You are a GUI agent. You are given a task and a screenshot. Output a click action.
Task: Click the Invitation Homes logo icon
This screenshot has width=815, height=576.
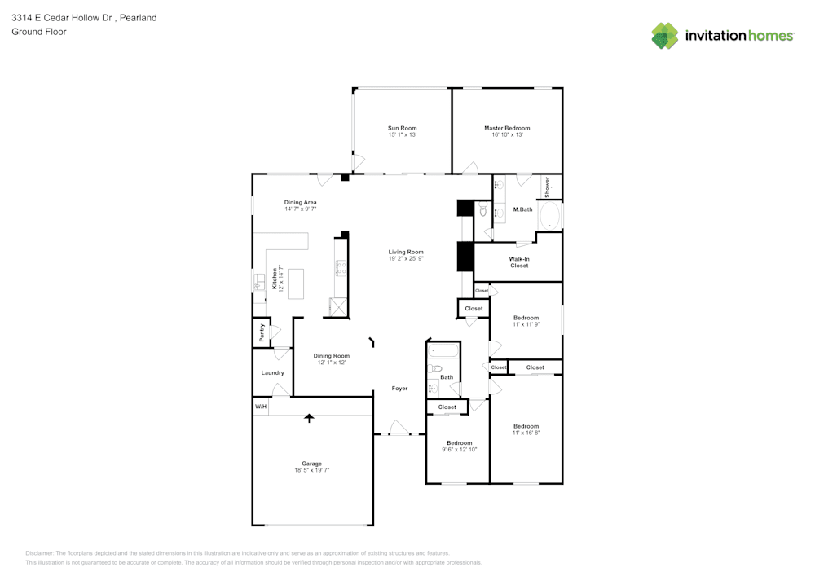(665, 36)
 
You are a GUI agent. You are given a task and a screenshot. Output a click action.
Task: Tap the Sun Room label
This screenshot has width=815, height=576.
(402, 128)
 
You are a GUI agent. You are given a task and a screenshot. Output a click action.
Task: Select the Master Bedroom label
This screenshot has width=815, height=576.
(507, 128)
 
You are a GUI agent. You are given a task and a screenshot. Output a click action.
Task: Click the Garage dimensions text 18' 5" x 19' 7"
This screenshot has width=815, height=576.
(311, 470)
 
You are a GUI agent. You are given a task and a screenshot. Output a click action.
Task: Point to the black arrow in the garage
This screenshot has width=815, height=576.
(309, 418)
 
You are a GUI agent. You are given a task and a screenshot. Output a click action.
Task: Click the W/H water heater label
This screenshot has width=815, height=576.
(260, 406)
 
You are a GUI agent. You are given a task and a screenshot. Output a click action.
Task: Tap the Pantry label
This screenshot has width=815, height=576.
(262, 332)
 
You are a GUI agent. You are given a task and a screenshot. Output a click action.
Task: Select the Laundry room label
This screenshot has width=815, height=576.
(272, 373)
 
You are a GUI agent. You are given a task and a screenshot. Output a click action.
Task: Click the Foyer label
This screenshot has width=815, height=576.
(399, 389)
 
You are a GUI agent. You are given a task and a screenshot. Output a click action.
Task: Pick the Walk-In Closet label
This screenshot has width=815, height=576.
(519, 262)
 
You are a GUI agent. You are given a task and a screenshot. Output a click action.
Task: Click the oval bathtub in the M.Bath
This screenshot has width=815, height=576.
(550, 217)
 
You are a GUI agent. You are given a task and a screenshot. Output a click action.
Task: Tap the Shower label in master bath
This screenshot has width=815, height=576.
(548, 187)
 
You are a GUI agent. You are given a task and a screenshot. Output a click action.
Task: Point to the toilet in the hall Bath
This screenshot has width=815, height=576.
(435, 368)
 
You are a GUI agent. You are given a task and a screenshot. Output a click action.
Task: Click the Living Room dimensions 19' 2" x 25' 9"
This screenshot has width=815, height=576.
(406, 259)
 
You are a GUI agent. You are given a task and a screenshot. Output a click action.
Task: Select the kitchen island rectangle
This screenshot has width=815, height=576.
(295, 284)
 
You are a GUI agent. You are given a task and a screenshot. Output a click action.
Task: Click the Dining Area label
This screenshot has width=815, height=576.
(300, 202)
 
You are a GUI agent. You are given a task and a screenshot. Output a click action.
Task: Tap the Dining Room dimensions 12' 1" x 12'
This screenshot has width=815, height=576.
(332, 363)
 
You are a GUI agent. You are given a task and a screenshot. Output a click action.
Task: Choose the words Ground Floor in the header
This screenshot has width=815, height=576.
(39, 32)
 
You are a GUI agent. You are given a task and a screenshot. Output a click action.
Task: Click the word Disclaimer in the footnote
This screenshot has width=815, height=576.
(39, 552)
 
